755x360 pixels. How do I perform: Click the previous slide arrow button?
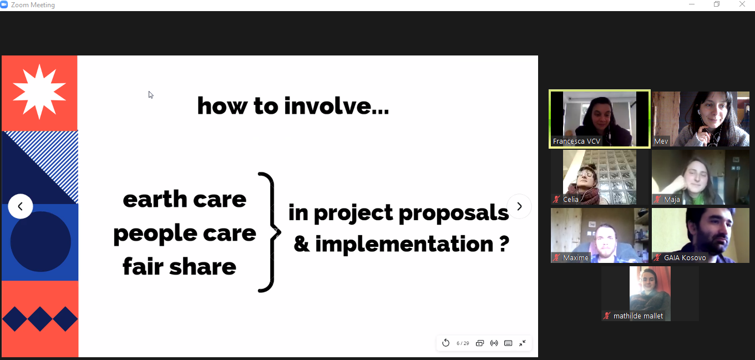pos(20,206)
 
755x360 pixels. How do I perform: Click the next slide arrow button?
pos(519,206)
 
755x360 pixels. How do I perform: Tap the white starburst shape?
pos(39,92)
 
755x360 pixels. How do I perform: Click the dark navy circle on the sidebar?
pos(40,241)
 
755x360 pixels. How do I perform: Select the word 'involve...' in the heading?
pos(336,106)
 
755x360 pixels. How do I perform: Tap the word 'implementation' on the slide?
pos(404,244)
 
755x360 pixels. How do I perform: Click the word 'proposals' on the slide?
pos(454,214)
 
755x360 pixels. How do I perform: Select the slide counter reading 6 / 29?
pos(463,343)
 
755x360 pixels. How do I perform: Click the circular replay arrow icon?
pos(445,343)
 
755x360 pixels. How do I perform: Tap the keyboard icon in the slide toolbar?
pos(508,343)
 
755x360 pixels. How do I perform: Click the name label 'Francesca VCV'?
pos(576,141)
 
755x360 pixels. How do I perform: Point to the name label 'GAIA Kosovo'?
pos(685,258)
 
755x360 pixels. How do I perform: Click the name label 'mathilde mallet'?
pos(638,316)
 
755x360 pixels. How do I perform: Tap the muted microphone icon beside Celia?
pos(556,200)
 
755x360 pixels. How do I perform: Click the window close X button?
pos(742,4)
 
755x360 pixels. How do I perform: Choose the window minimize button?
pos(692,4)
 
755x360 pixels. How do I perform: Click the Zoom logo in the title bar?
pos(4,5)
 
